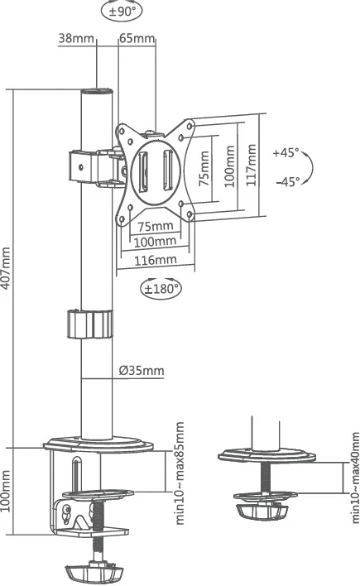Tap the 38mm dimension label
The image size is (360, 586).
(77, 38)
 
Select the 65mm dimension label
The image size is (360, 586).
(137, 38)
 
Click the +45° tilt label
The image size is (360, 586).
(285, 153)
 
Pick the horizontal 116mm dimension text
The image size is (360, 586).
(156, 259)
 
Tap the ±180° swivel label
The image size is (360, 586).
(161, 289)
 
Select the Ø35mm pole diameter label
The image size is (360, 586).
(141, 370)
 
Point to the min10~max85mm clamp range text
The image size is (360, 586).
(179, 473)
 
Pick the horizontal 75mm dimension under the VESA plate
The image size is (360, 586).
(155, 226)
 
